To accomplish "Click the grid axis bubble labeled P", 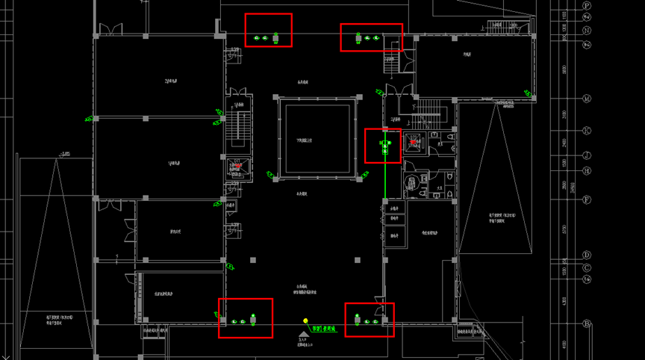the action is pyautogui.click(x=587, y=6).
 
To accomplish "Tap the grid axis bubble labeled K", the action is pyautogui.click(x=587, y=131).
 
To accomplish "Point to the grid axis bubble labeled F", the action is pyautogui.click(x=587, y=200).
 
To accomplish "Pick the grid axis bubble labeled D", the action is pyautogui.click(x=587, y=255).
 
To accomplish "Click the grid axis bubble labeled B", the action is pyautogui.click(x=587, y=323).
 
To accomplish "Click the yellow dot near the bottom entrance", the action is pyautogui.click(x=305, y=322).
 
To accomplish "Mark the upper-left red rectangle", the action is pyautogui.click(x=269, y=30).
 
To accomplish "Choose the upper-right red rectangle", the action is pyautogui.click(x=371, y=37).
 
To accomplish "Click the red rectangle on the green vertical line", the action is pyautogui.click(x=382, y=146).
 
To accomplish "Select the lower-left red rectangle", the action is pyautogui.click(x=245, y=318).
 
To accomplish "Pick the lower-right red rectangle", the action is pyautogui.click(x=369, y=320).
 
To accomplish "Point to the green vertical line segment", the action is pyautogui.click(x=385, y=179).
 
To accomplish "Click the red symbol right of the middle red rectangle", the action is pyautogui.click(x=414, y=142).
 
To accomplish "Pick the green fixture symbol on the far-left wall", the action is pyautogui.click(x=89, y=118).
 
